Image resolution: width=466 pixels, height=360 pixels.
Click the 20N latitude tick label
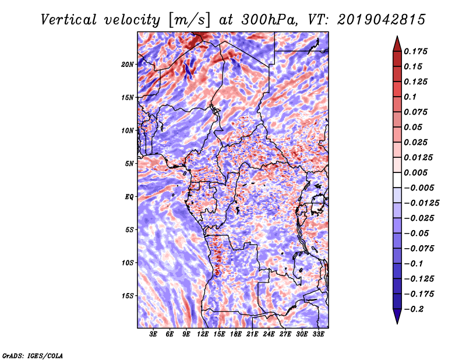click(128, 65)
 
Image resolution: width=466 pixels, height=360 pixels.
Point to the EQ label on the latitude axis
click(129, 197)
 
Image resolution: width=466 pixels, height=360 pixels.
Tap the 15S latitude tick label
click(128, 296)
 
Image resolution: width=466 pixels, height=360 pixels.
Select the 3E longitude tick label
click(153, 334)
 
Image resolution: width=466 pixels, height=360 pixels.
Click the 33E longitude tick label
click(318, 334)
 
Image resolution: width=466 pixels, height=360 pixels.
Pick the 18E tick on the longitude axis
click(236, 334)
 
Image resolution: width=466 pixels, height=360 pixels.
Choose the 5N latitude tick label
click(129, 164)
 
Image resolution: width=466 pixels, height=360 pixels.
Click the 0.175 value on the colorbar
click(415, 51)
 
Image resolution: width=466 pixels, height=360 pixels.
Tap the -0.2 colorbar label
click(414, 309)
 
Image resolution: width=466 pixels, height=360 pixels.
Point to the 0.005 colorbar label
click(415, 172)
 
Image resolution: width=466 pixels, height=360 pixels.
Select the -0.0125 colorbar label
click(421, 203)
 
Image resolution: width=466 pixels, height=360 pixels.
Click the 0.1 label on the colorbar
click(410, 97)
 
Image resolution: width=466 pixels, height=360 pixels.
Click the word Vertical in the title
click(69, 20)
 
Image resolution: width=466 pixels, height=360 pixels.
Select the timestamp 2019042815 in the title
click(382, 20)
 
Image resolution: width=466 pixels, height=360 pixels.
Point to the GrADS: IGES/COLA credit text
click(33, 355)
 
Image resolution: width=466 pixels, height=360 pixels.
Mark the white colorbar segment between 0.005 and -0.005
click(397, 180)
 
